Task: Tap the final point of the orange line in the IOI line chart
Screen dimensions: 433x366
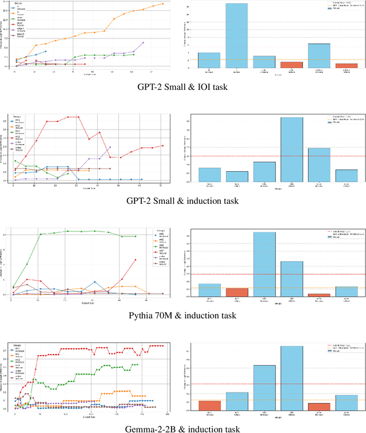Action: (x=162, y=4)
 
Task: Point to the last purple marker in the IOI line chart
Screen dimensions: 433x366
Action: (x=142, y=42)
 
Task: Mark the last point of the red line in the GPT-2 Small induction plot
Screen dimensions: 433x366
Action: (x=162, y=145)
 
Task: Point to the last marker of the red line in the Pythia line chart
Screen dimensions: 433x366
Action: (x=136, y=259)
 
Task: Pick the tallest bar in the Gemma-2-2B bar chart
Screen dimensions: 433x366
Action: (x=292, y=378)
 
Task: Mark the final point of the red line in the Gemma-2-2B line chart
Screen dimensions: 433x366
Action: (x=163, y=345)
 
